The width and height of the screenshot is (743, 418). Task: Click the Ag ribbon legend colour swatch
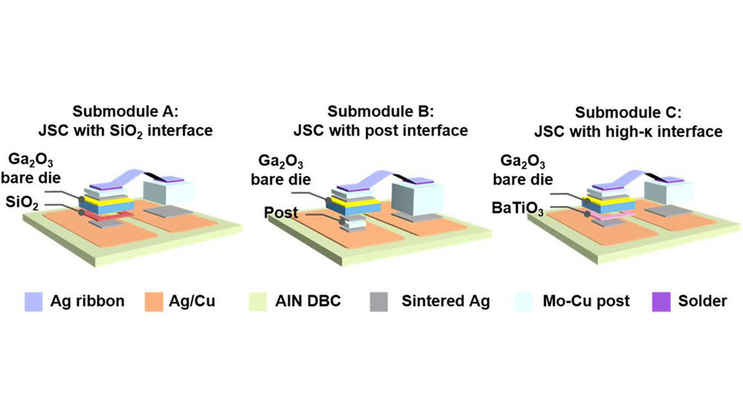[34, 301]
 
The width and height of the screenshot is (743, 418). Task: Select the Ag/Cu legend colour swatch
[154, 301]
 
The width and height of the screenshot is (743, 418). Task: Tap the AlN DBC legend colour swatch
[258, 301]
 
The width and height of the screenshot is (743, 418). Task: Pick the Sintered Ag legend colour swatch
[379, 301]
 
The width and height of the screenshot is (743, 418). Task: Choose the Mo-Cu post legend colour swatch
[524, 301]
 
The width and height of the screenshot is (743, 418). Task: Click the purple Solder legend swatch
[661, 301]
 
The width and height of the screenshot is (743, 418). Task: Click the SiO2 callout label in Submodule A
[22, 203]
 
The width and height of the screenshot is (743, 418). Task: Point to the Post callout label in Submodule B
[281, 213]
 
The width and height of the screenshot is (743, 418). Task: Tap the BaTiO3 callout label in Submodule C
[517, 208]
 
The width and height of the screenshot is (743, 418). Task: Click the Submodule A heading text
[125, 112]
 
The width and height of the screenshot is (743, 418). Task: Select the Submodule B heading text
[380, 112]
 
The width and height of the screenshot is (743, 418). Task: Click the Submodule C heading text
[628, 113]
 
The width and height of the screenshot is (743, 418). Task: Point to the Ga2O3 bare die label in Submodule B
[280, 170]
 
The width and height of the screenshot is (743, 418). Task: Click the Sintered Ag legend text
[445, 301]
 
